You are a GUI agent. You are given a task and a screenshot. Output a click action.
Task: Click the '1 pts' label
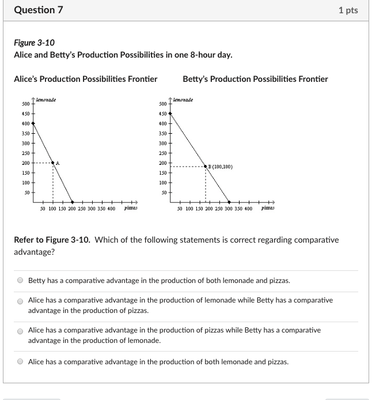tap(348, 10)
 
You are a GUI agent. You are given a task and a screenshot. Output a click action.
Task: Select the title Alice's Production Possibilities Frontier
tap(85, 79)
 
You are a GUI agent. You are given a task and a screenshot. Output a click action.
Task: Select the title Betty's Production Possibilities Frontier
tap(255, 79)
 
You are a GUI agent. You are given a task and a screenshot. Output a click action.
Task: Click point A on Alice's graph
tap(53, 163)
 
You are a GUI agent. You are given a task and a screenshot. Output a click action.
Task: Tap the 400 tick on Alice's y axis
tap(33, 123)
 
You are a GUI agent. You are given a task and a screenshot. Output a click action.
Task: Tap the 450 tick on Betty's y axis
tap(170, 114)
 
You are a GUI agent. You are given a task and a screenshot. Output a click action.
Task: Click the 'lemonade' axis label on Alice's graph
tap(46, 100)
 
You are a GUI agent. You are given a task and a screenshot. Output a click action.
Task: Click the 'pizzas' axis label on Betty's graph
tap(268, 208)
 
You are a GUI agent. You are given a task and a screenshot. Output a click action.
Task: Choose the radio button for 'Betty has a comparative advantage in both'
tap(20, 281)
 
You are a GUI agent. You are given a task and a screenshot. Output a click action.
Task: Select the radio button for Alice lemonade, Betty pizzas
tap(20, 301)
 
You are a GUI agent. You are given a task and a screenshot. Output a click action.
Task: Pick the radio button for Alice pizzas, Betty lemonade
tap(20, 331)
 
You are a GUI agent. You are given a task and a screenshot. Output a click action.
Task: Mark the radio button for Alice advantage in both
tap(20, 362)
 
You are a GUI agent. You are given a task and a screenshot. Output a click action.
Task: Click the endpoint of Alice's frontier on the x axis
tap(73, 202)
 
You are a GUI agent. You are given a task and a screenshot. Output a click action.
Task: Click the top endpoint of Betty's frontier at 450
tap(170, 114)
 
